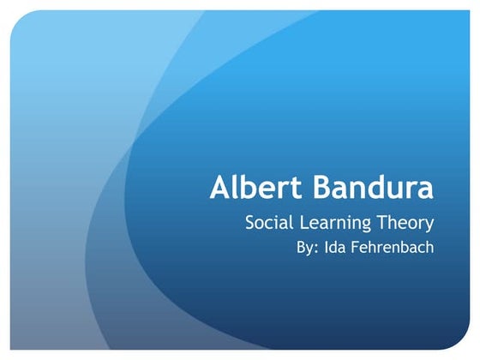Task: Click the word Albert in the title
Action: click(251, 189)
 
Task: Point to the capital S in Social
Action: click(251, 224)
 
